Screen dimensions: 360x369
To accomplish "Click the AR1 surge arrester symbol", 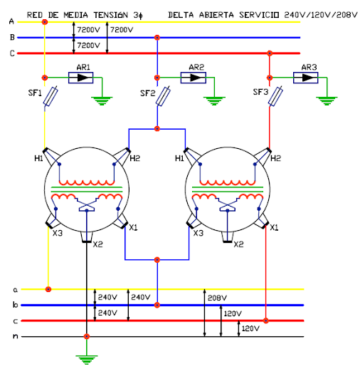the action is pyautogui.click(x=80, y=78).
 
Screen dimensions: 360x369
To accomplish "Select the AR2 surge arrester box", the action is pyautogui.click(x=194, y=78).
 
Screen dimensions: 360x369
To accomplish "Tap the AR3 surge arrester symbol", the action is pyautogui.click(x=306, y=78).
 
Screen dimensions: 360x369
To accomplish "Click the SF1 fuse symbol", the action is pyautogui.click(x=51, y=96).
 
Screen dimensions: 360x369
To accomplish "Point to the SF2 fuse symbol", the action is pyautogui.click(x=163, y=96).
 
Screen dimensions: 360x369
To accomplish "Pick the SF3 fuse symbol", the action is pyautogui.click(x=275, y=96).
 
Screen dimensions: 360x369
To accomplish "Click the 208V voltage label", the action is pyautogui.click(x=217, y=298).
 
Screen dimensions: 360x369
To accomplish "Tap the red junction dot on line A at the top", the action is pyautogui.click(x=45, y=22).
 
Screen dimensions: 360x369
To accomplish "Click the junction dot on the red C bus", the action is pyautogui.click(x=270, y=53).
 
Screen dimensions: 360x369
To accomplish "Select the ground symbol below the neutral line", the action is pyautogui.click(x=87, y=360).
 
